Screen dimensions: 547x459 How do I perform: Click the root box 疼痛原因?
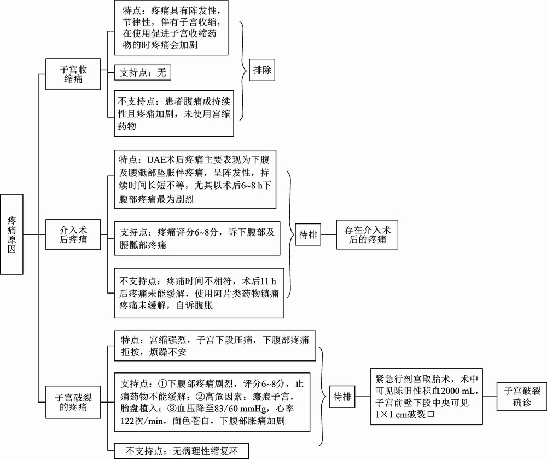pos(12,234)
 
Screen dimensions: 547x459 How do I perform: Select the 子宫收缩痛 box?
pos(73,74)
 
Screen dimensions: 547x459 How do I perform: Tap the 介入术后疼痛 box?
pos(73,234)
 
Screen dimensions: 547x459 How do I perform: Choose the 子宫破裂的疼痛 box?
pos(73,402)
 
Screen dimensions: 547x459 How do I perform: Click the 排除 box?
pos(262,70)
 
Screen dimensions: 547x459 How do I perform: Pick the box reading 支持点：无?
pos(143,72)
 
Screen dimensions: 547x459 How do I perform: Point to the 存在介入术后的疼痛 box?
pos(367,234)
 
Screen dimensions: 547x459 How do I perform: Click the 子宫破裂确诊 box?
pos(522,397)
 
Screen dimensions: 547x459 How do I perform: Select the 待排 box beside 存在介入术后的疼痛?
pos(308,234)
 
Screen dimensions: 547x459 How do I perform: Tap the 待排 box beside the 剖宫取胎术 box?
pos(342,397)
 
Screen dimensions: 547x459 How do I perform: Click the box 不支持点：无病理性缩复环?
pos(182,451)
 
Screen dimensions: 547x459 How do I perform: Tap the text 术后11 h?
pos(259,281)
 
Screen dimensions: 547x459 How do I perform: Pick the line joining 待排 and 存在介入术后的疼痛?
pos(329,234)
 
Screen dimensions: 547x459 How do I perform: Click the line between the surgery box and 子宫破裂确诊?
pos(490,397)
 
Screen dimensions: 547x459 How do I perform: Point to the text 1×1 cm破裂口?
pos(405,415)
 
